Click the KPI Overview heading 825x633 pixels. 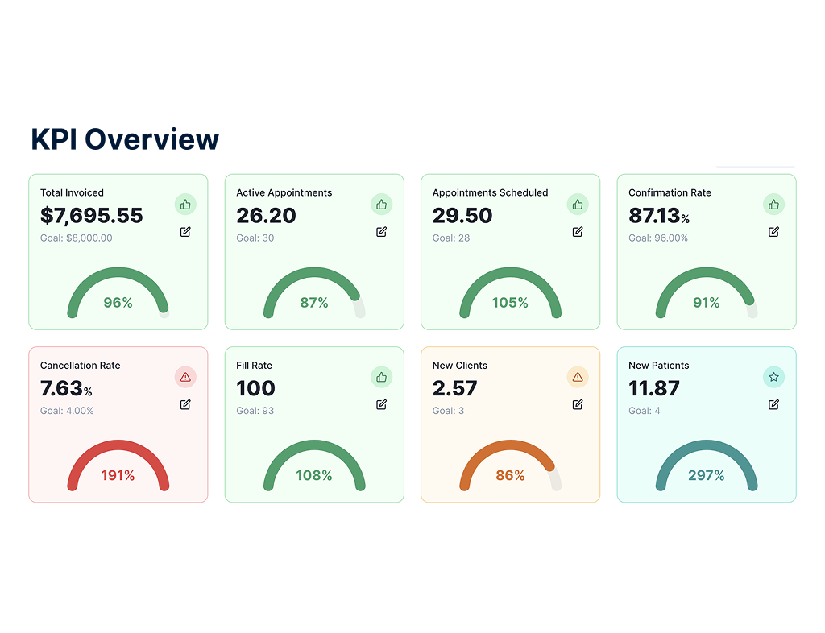point(125,139)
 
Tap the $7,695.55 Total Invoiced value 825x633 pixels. point(92,216)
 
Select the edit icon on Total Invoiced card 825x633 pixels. point(185,232)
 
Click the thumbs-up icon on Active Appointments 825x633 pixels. point(381,205)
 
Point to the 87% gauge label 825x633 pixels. point(314,303)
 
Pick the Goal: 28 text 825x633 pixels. point(451,238)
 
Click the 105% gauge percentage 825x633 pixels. point(510,303)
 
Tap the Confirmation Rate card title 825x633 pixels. point(670,193)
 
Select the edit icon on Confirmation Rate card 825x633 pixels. point(773,232)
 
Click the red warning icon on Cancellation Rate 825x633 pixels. point(185,377)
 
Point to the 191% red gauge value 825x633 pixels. point(118,476)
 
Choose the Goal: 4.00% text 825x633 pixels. point(67,411)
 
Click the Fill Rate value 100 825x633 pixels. point(255,388)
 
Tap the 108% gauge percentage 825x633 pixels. point(314,476)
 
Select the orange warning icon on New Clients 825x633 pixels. point(578,377)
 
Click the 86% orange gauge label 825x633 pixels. point(510,476)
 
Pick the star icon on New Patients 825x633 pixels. point(773,377)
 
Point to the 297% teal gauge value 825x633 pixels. point(707,476)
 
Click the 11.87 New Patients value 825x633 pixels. point(654,388)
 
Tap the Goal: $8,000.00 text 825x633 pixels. point(77,238)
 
